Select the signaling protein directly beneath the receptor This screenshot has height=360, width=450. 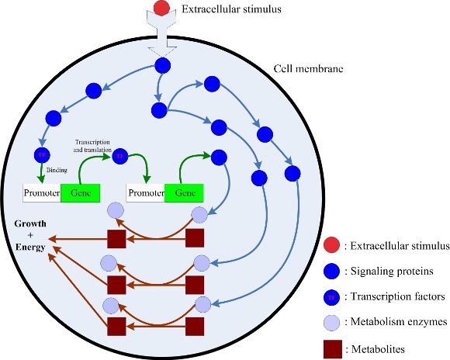tap(161, 66)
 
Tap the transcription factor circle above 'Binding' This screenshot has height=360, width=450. tap(41, 154)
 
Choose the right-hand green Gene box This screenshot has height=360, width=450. tap(184, 192)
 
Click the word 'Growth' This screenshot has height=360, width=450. tap(29, 223)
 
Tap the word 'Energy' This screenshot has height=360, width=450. tap(29, 247)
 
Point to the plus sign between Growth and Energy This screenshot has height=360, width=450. tap(29, 235)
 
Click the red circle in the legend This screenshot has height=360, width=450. tap(332, 247)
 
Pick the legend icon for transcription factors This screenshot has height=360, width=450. tap(332, 296)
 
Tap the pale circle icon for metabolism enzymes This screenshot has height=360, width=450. tap(332, 320)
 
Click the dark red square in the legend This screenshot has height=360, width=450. tap(332, 345)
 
